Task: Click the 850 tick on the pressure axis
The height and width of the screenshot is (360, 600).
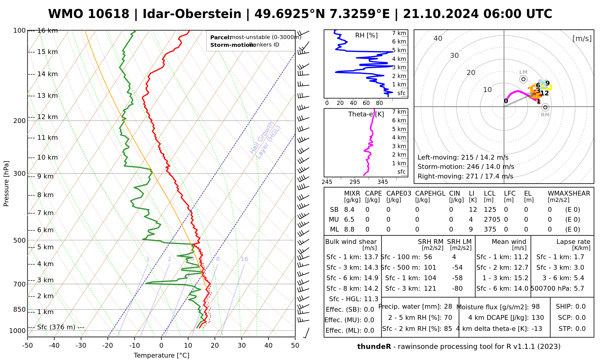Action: (x=19, y=309)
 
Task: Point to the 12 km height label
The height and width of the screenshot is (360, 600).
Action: (x=47, y=117)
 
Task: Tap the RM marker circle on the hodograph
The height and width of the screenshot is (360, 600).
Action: (x=545, y=107)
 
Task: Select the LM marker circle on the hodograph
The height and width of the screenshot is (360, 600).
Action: (x=523, y=79)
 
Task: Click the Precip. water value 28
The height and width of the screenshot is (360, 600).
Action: (x=448, y=307)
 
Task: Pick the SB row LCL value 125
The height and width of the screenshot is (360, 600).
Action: (x=490, y=210)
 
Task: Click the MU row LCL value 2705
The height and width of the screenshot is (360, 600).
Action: (x=492, y=220)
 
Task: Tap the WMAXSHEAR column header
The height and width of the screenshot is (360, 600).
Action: (x=569, y=193)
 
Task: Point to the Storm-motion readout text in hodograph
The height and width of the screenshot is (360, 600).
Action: (x=466, y=167)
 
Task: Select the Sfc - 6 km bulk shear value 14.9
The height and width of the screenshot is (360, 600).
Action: (x=371, y=278)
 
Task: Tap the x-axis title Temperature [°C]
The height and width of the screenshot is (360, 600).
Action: (x=161, y=355)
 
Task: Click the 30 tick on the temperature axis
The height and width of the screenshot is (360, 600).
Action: (x=241, y=346)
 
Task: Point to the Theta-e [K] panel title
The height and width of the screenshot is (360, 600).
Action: (x=366, y=114)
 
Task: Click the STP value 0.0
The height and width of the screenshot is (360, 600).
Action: (x=580, y=329)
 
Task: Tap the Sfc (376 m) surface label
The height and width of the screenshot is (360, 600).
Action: (x=56, y=327)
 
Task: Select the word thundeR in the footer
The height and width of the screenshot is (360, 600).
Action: (x=374, y=347)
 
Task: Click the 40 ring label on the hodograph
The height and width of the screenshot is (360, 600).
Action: (x=438, y=38)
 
